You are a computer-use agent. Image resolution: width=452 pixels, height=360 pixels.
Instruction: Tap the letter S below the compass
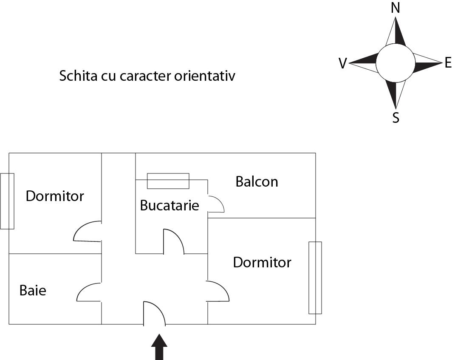coord(395,118)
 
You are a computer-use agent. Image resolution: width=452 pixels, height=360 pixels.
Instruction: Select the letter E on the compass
coord(447,64)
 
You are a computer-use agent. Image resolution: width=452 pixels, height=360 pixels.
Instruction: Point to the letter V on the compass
coord(342,64)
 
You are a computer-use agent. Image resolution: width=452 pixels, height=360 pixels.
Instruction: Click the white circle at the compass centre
coord(395,63)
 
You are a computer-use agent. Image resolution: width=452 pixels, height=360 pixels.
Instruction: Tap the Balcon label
coord(257,182)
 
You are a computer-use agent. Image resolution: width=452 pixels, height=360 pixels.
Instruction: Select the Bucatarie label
coord(169,206)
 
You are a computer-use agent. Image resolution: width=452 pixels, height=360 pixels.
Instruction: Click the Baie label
coord(33,291)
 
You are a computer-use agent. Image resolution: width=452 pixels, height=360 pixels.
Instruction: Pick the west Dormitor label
coord(55,196)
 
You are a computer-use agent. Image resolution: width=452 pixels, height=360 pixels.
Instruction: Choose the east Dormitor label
coord(262,262)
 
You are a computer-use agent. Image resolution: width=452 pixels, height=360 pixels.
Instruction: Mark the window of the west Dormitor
coord(7,201)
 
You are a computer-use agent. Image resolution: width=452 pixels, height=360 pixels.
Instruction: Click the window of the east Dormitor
coord(315,278)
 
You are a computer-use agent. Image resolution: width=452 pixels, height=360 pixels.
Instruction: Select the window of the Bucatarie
coord(168,181)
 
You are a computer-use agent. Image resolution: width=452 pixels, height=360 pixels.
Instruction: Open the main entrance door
coord(154,314)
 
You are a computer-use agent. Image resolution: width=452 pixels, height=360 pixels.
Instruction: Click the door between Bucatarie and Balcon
coord(216,204)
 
